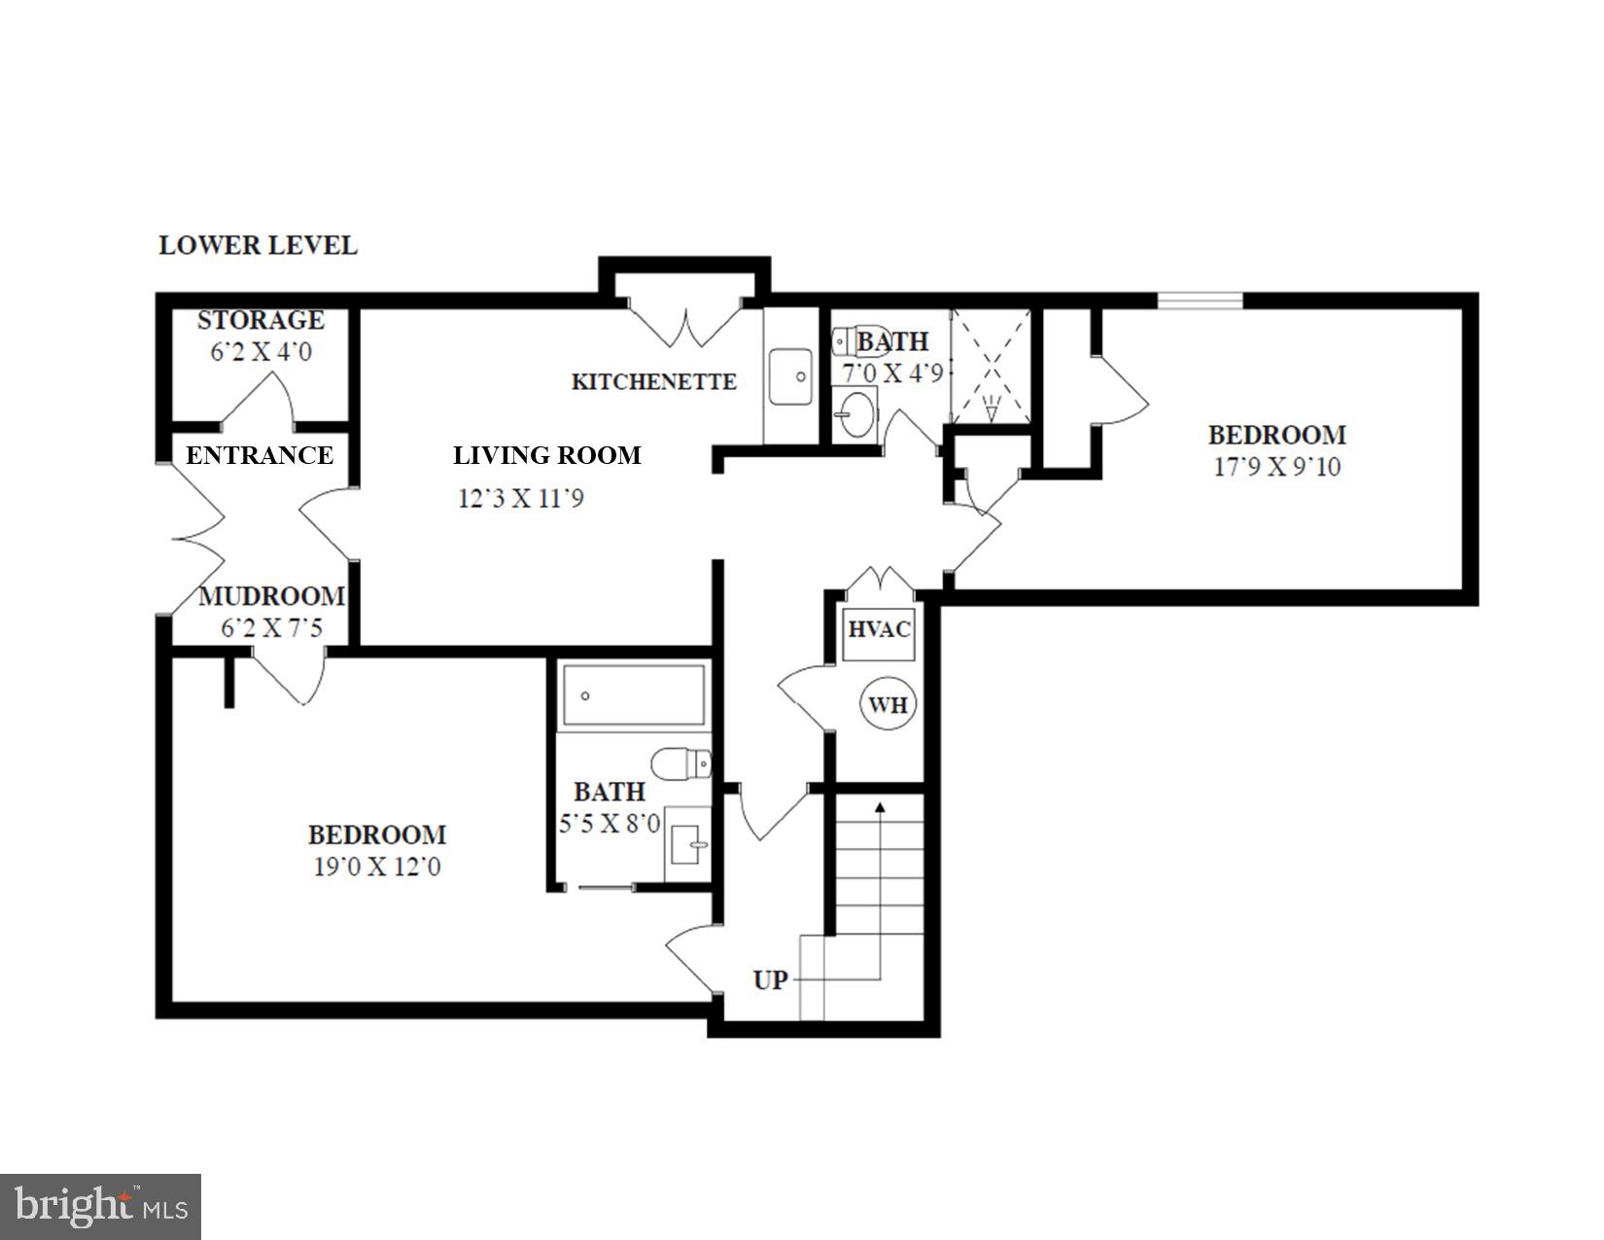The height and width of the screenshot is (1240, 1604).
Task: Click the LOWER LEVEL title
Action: point(258,245)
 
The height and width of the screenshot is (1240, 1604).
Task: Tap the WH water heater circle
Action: point(888,704)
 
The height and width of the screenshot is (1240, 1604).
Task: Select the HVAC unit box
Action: point(879,630)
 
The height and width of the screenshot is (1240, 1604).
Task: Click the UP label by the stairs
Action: point(770,979)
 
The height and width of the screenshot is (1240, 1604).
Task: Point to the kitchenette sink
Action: point(791,376)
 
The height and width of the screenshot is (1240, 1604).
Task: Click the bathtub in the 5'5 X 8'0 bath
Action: point(634,695)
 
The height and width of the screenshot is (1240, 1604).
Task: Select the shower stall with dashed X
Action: point(991,366)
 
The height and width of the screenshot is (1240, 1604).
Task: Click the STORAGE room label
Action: point(261,320)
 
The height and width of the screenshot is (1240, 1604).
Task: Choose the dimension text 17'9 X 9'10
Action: point(1276,467)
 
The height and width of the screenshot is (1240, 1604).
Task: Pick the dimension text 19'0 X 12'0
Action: point(376,866)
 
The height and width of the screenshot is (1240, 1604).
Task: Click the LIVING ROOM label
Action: point(546,455)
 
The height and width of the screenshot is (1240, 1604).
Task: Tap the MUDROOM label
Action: point(271,596)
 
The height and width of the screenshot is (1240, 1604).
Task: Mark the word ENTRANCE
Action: point(260,455)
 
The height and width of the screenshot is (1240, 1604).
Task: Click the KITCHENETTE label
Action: point(653,381)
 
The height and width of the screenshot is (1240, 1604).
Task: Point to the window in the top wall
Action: point(1200,301)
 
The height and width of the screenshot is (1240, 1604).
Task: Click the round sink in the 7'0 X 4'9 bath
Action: point(856,415)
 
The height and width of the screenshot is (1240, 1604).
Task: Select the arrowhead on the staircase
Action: point(880,806)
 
